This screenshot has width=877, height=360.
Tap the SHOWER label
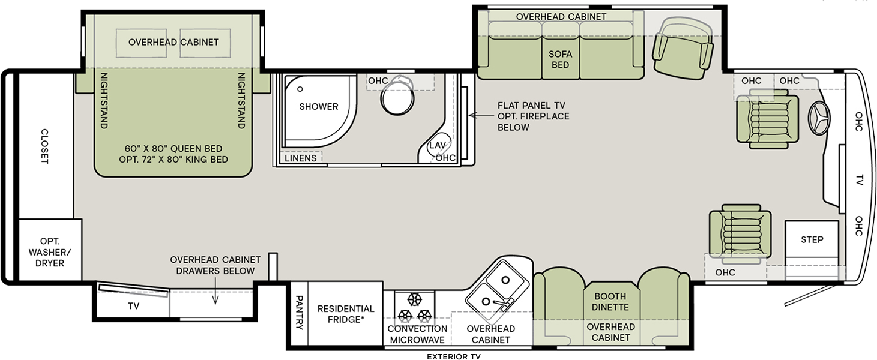(319, 107)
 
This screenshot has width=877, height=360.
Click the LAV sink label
(436, 146)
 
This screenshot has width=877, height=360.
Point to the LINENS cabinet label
(301, 158)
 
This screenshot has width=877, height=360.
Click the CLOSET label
(44, 146)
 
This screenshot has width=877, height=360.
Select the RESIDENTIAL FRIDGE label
(346, 314)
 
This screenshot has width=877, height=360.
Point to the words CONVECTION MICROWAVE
(417, 334)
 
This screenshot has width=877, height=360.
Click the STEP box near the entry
(812, 240)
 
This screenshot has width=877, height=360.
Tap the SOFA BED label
(560, 59)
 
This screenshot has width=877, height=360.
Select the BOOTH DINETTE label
(610, 301)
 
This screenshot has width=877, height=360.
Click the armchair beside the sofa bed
(683, 47)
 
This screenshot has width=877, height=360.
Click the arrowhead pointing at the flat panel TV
(471, 115)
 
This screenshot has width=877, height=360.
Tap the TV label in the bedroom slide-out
(133, 306)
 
